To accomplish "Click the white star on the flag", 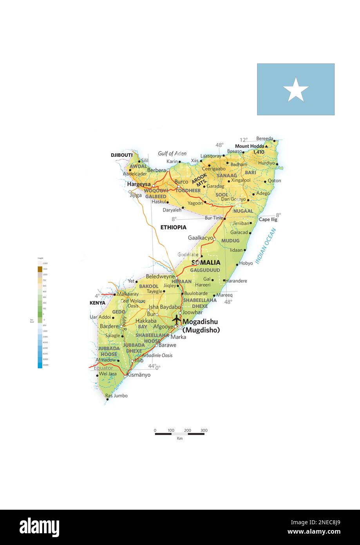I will (296, 89).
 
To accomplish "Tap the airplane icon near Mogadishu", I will (177, 319).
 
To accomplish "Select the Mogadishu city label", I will (200, 322).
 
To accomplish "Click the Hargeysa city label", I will (139, 184).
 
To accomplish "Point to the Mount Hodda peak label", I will (250, 146).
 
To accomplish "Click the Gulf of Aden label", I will (172, 154).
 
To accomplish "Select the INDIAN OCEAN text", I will (266, 246).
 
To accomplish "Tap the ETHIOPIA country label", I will (173, 227).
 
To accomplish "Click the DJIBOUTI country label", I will (121, 155).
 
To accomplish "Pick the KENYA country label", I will (97, 303).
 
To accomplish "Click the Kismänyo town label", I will (139, 375).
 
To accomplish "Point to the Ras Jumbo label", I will (116, 396).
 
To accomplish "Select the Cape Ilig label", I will (268, 220).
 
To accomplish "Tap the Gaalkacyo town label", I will (200, 238).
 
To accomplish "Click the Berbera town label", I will (156, 170).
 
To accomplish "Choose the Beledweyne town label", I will (160, 276).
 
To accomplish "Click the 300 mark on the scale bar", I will (204, 431).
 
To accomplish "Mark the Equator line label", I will (103, 368).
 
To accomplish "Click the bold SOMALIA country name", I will (206, 263).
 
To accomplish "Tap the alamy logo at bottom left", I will (39, 527).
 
